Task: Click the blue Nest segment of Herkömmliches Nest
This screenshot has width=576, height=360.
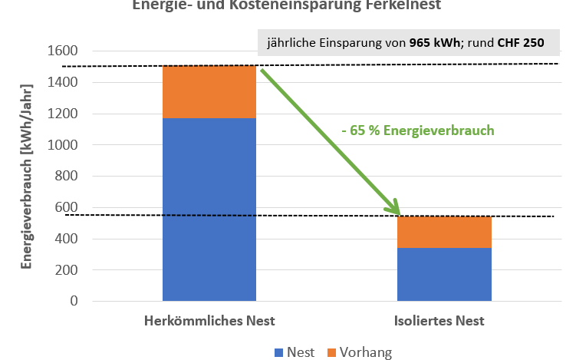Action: point(209,209)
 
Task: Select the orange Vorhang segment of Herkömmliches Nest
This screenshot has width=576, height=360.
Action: point(209,92)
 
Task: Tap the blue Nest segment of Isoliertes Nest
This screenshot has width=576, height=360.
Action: point(444,274)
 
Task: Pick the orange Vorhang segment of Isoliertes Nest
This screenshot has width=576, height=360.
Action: point(444,233)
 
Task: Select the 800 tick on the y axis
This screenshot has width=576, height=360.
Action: point(66,177)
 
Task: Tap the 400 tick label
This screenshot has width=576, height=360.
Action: point(66,239)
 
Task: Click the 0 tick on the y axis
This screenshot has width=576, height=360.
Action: point(74,301)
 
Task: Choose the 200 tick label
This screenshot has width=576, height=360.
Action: point(66,270)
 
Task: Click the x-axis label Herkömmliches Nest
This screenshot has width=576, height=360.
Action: point(209,320)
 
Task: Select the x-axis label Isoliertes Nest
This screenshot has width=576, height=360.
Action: point(444,320)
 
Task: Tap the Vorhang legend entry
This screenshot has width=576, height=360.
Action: point(358,352)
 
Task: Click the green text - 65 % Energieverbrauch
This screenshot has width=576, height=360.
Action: point(417,130)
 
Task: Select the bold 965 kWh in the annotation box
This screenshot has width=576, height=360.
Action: point(432,43)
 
